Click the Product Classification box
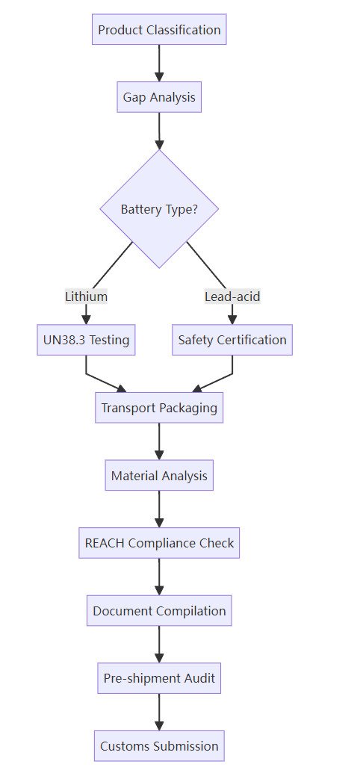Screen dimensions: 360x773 [159, 30]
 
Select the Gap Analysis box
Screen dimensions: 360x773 [159, 97]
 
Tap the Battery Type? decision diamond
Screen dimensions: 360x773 [159, 209]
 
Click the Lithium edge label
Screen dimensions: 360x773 [87, 297]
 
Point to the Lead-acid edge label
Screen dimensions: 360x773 [232, 297]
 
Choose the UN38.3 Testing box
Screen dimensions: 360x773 [86, 340]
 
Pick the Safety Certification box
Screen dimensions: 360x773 [232, 340]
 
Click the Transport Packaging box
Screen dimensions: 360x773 [159, 408]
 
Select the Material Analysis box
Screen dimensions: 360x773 [159, 476]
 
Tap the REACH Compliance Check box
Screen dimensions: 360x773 [159, 543]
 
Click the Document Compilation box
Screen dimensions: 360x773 [159, 611]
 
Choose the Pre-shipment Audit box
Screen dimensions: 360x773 [159, 678]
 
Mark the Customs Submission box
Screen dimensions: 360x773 [159, 746]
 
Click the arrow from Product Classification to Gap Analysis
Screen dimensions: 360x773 [159, 63]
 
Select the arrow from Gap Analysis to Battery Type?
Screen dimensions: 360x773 [159, 131]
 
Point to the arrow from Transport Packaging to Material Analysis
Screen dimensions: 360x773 [159, 441]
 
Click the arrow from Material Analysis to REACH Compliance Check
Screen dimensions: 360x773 [159, 509]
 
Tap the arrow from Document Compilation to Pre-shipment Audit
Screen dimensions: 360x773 [159, 645]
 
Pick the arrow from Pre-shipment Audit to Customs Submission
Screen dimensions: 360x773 [159, 712]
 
